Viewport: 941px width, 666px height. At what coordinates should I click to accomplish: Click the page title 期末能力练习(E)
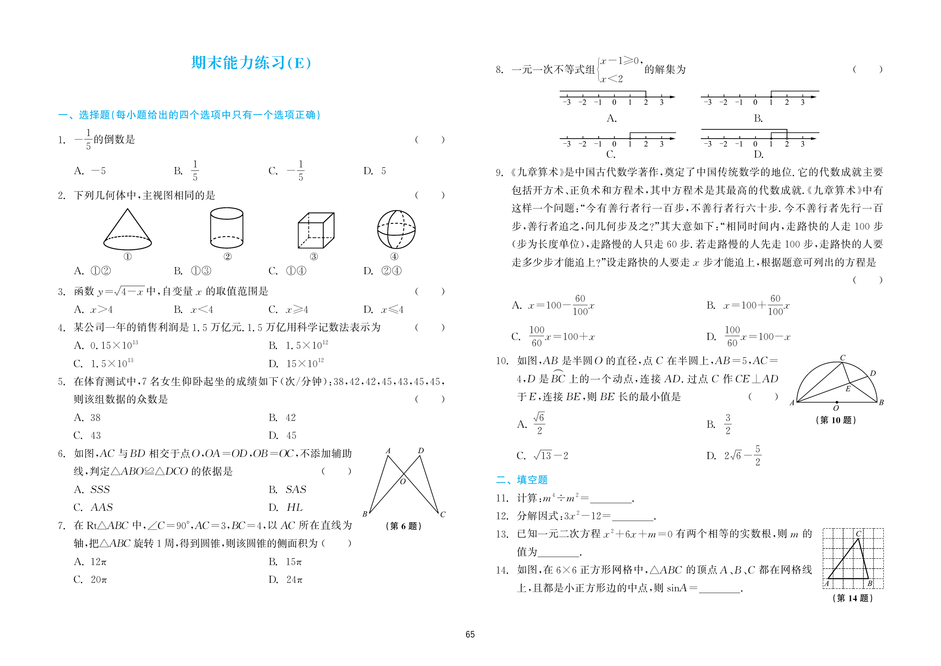pyautogui.click(x=251, y=63)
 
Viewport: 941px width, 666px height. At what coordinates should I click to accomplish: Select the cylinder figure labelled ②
pyautogui.click(x=227, y=228)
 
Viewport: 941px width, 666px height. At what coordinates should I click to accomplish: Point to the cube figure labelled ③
pyautogui.click(x=316, y=230)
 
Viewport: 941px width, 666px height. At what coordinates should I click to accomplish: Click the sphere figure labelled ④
pyautogui.click(x=396, y=229)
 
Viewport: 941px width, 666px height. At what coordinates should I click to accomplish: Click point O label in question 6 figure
pyautogui.click(x=403, y=481)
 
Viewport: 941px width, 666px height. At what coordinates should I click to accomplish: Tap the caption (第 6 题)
pyautogui.click(x=403, y=526)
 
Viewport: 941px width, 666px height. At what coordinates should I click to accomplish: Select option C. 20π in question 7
pyautogui.click(x=90, y=580)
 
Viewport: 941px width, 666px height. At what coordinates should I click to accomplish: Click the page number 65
pyautogui.click(x=470, y=634)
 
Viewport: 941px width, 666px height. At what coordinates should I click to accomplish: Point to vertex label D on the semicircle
pyautogui.click(x=873, y=373)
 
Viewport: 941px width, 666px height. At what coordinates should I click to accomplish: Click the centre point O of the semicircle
pyautogui.click(x=837, y=402)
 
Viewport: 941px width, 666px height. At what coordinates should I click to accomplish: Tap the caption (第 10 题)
pyautogui.click(x=836, y=420)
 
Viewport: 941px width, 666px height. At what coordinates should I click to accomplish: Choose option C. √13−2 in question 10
pyautogui.click(x=542, y=456)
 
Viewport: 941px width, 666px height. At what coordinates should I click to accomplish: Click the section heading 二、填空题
pyautogui.click(x=522, y=480)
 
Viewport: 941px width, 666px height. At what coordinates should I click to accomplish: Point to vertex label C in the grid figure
pyautogui.click(x=858, y=534)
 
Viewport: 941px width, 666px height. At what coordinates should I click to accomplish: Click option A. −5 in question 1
pyautogui.click(x=90, y=171)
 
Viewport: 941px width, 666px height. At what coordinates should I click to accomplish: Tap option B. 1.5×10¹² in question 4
pyautogui.click(x=298, y=346)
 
